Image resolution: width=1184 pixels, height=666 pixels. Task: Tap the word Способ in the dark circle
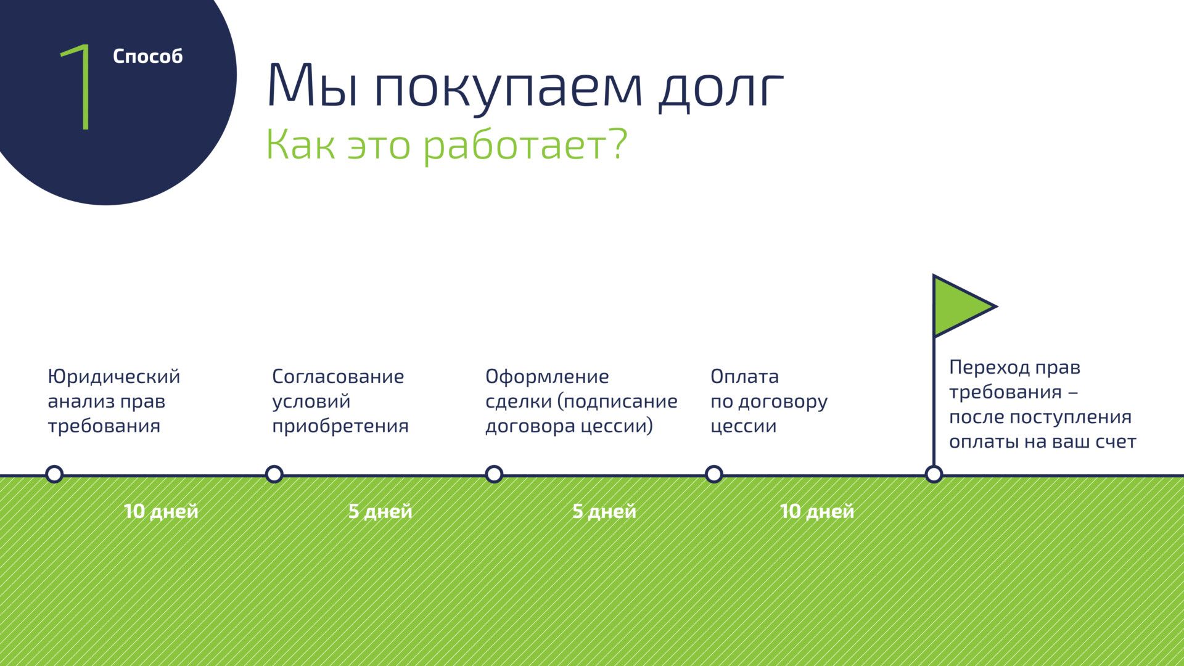tap(148, 56)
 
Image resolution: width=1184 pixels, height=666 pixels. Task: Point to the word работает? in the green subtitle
tap(525, 146)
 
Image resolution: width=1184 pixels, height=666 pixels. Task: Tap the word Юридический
tap(114, 377)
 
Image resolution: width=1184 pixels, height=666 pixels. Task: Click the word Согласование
tap(338, 376)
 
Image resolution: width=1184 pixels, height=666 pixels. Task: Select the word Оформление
tap(547, 377)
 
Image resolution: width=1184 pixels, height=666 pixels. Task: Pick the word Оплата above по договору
tap(744, 376)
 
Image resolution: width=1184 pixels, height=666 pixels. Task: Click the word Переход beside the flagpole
tap(989, 368)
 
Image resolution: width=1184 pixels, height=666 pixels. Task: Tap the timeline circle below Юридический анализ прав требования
tap(54, 474)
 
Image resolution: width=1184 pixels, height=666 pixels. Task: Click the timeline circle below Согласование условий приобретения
tap(274, 474)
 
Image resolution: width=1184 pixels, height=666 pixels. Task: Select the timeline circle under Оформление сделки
tap(494, 474)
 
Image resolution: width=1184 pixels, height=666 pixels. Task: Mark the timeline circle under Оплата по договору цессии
tap(714, 474)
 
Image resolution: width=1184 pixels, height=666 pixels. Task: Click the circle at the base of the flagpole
tap(934, 474)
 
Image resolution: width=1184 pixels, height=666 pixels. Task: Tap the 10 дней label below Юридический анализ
tap(161, 511)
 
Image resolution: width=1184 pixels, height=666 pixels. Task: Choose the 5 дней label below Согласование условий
tap(380, 511)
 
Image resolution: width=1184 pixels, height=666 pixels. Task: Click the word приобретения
tap(340, 426)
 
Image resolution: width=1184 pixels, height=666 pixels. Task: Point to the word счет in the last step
tap(1116, 442)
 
